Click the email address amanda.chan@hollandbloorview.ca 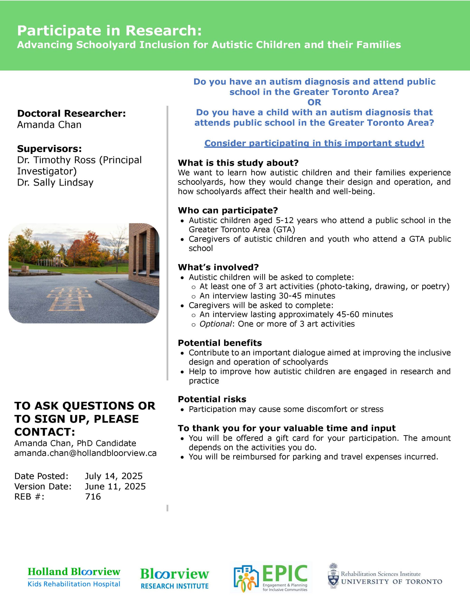(85, 453)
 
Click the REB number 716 (93, 496)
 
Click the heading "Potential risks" (212, 399)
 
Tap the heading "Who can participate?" (228, 210)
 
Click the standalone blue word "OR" (314, 102)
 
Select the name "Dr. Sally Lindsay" (55, 182)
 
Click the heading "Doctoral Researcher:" (71, 113)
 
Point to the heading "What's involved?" (218, 267)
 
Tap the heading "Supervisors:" (49, 149)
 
